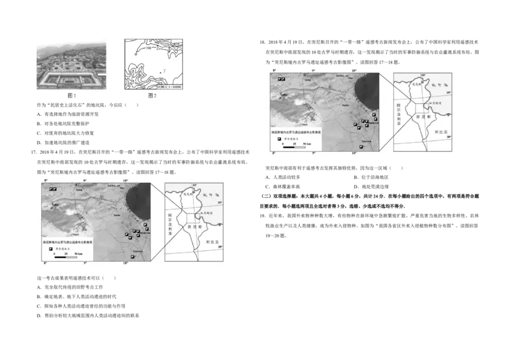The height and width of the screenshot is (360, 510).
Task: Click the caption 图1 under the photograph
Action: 72,96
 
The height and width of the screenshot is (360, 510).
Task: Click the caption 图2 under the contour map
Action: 152,96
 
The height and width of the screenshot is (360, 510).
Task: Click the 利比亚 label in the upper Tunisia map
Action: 441,130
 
